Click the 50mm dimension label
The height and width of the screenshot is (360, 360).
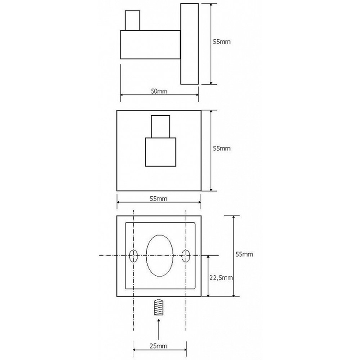[x=159, y=91]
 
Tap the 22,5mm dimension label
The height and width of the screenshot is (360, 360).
[x=221, y=278]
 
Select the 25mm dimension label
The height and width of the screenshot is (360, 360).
[x=159, y=346]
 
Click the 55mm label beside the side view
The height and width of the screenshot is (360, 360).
[x=222, y=42]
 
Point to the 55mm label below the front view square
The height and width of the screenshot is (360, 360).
[x=159, y=198]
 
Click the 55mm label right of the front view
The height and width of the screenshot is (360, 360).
[x=221, y=148]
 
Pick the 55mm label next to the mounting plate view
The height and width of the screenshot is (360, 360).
[x=244, y=254]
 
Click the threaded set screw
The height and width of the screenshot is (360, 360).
[x=159, y=307]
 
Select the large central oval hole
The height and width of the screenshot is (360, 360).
[x=160, y=256]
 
